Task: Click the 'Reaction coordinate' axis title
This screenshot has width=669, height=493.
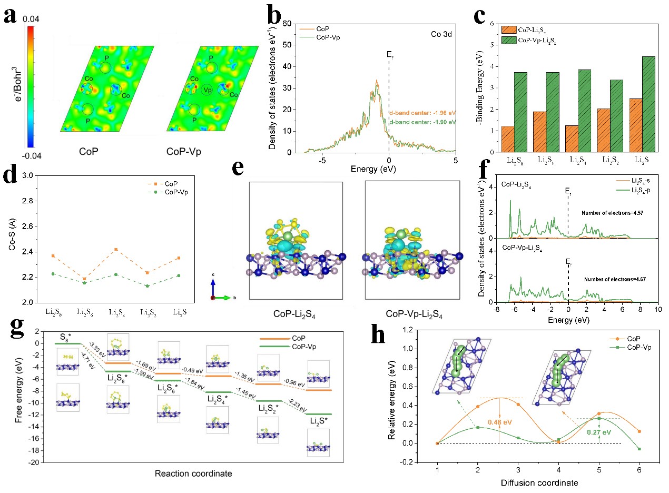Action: tap(193, 474)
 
